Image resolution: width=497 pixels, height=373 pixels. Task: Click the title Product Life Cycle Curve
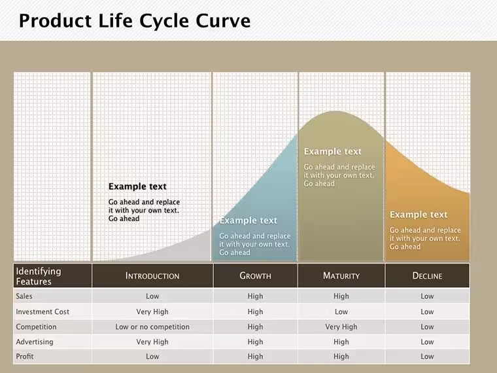click(x=135, y=21)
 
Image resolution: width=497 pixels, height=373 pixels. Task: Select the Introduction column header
click(x=152, y=275)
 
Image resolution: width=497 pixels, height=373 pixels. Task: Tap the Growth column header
click(x=255, y=275)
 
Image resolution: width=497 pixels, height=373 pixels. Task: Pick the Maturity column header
click(x=341, y=275)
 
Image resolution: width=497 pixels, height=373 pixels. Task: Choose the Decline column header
click(x=427, y=275)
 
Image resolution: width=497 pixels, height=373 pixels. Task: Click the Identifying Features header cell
click(x=39, y=276)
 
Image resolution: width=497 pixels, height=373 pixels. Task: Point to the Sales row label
click(x=24, y=296)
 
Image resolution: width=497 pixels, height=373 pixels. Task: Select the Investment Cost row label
click(x=43, y=311)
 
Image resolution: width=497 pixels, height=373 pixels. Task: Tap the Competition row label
click(x=36, y=327)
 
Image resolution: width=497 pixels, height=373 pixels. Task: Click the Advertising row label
click(x=35, y=342)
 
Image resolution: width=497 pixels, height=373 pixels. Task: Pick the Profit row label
click(x=25, y=357)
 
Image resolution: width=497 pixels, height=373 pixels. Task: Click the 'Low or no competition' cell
click(x=152, y=327)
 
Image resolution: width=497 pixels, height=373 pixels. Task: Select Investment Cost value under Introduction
click(x=152, y=311)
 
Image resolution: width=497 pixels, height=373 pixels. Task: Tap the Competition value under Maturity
click(x=341, y=327)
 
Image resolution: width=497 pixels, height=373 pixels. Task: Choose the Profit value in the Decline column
click(x=427, y=357)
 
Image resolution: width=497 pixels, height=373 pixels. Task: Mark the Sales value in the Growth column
click(x=255, y=296)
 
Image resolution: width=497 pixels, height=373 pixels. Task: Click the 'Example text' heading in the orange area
click(x=419, y=215)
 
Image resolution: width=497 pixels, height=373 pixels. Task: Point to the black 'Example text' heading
click(x=137, y=186)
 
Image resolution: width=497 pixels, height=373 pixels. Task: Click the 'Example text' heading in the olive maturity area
click(x=332, y=152)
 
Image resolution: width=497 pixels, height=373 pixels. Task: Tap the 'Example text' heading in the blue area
click(x=248, y=221)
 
